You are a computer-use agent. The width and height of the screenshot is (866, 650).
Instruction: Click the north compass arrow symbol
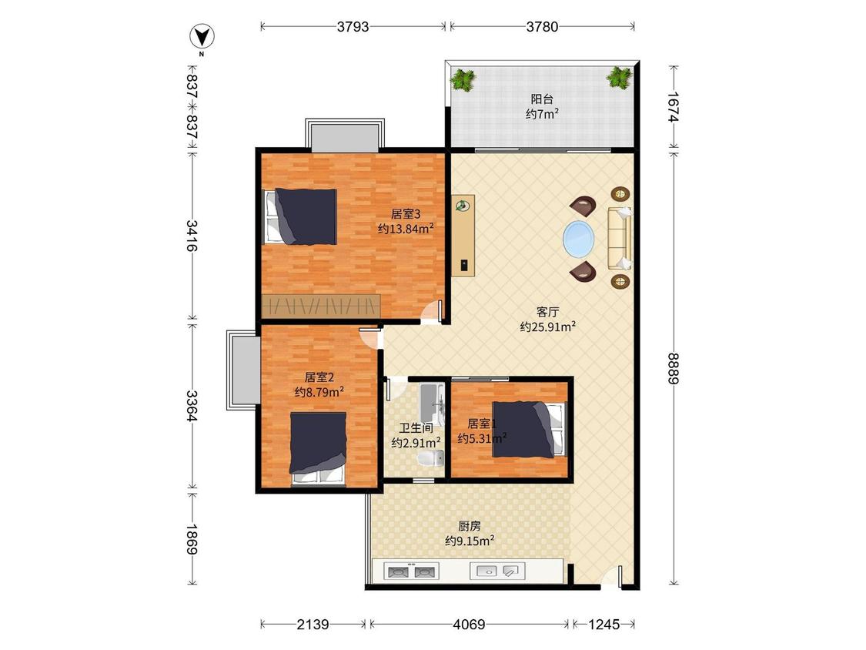[202, 37]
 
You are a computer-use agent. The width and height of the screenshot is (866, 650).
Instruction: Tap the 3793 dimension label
[353, 26]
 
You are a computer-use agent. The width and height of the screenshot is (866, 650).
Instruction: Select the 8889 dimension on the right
[674, 368]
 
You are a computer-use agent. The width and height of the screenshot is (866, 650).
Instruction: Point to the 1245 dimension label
[604, 625]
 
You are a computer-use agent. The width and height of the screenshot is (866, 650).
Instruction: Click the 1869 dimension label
[192, 539]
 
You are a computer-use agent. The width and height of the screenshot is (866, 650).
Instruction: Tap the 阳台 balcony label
[542, 99]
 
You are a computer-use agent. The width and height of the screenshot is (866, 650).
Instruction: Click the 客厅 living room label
[547, 312]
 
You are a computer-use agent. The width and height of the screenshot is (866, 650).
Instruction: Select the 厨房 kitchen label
[470, 526]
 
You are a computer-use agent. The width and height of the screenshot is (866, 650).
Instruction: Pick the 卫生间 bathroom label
[416, 427]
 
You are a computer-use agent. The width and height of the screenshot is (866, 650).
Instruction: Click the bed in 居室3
[301, 216]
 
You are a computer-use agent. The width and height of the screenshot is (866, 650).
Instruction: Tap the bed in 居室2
[318, 449]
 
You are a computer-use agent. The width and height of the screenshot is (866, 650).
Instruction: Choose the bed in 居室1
[530, 429]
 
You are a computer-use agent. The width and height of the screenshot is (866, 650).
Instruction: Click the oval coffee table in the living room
[580, 239]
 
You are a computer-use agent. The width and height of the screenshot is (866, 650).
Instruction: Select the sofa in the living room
[620, 238]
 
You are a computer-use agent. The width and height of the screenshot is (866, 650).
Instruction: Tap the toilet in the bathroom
[431, 458]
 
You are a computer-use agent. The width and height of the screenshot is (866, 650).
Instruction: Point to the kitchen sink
[497, 571]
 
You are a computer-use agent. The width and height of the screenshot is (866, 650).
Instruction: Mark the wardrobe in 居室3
[321, 306]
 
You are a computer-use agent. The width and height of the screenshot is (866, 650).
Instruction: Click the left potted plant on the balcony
[463, 79]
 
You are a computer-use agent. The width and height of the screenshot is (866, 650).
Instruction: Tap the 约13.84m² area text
[406, 228]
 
